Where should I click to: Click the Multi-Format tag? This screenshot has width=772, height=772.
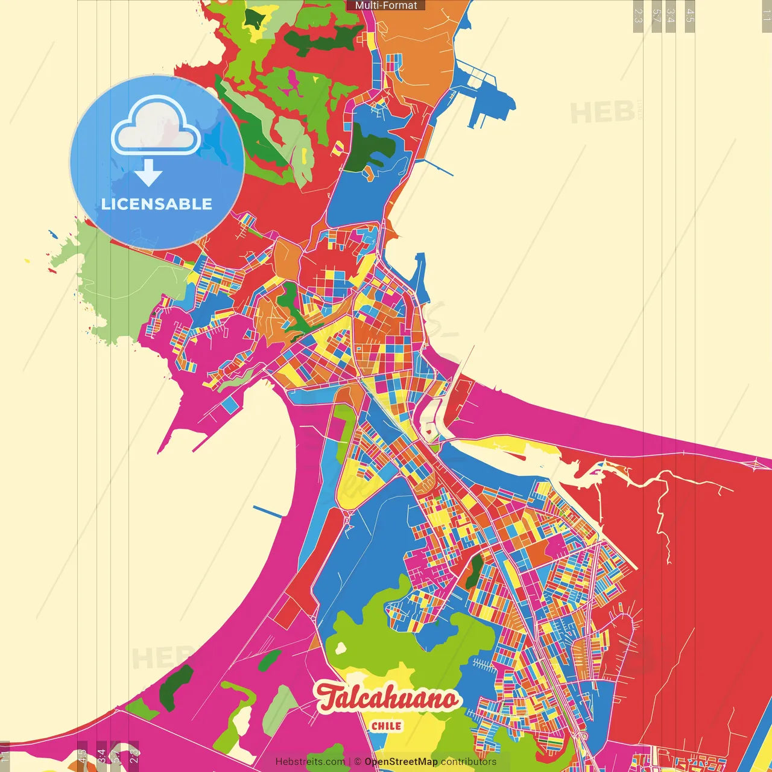[386, 5]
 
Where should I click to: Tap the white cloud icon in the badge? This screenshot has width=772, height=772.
[156, 128]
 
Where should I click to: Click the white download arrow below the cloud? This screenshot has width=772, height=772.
[148, 173]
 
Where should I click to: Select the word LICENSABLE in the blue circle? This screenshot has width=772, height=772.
[157, 204]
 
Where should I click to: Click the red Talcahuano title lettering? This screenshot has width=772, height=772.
[388, 698]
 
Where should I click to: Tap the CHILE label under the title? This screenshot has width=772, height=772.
[386, 726]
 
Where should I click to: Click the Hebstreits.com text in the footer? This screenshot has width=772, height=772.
[310, 762]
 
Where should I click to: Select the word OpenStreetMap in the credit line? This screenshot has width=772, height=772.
[400, 762]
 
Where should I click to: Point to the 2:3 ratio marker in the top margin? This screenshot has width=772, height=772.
[638, 16]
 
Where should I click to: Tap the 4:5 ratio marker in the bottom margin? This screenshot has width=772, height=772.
[82, 756]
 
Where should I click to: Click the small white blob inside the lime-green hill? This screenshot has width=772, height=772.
[341, 648]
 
